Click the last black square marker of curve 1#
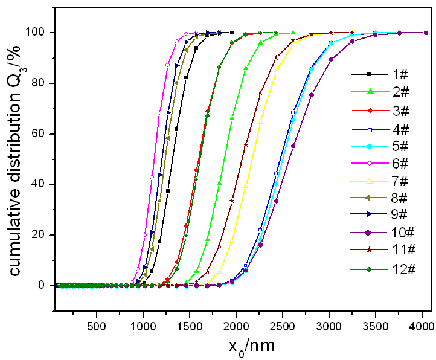tap(232, 33)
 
